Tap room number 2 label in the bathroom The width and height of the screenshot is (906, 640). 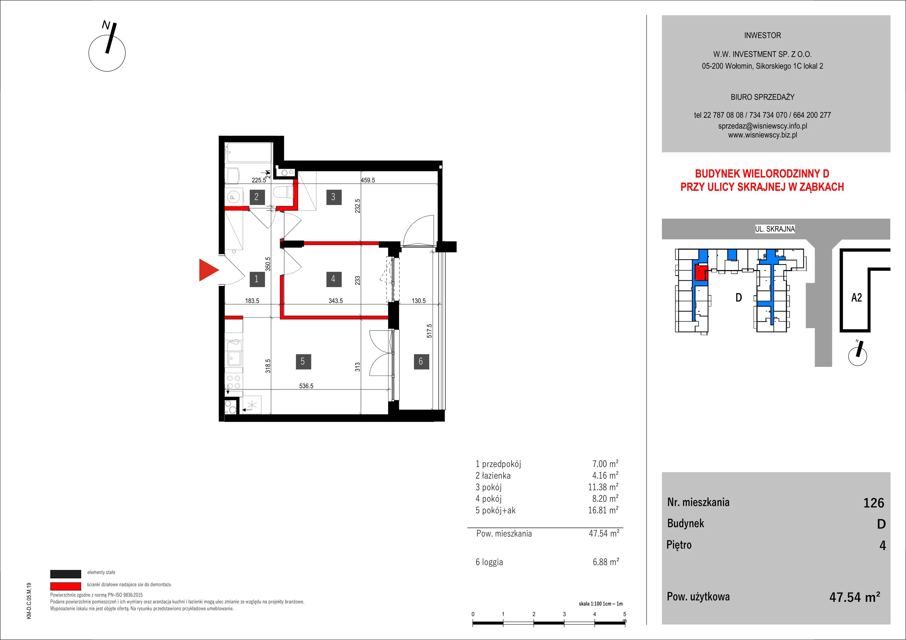[x=257, y=197]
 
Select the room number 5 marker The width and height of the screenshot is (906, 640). [x=303, y=361]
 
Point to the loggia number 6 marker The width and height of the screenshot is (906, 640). [x=421, y=361]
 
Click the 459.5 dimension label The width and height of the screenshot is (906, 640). [x=368, y=180]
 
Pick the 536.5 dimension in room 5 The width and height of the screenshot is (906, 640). [x=306, y=386]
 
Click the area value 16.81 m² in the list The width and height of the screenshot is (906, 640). [x=603, y=510]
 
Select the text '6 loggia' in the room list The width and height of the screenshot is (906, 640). [x=489, y=562]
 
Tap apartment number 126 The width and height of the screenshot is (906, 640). [x=874, y=503]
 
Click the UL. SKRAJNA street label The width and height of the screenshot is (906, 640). [x=775, y=229]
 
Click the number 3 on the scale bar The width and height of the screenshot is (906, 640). [x=564, y=614]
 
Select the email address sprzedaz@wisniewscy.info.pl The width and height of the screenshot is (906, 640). [x=762, y=126]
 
